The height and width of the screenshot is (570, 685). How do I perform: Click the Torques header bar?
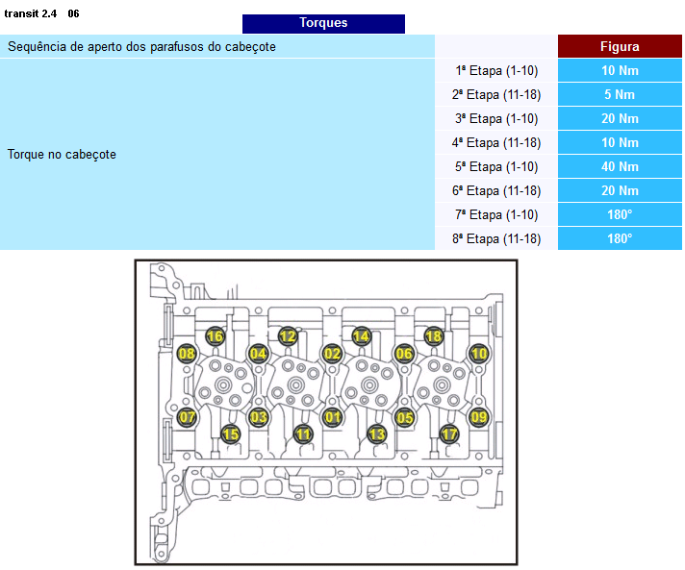[323, 23]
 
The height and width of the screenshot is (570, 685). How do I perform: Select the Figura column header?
[619, 46]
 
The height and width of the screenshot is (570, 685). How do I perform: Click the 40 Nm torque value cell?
[619, 166]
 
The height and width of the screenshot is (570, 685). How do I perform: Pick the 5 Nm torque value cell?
[619, 94]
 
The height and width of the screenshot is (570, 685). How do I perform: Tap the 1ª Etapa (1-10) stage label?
[496, 70]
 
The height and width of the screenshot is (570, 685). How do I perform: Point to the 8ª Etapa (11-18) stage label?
[496, 238]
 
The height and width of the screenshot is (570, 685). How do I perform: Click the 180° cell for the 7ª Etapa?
[619, 214]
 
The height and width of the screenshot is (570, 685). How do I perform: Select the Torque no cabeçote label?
[62, 154]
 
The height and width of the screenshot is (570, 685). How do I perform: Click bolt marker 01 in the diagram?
[333, 417]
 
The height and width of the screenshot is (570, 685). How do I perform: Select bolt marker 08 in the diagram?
[187, 354]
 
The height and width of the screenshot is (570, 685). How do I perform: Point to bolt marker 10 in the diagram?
[479, 354]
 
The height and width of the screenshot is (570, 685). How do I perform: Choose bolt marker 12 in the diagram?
[288, 336]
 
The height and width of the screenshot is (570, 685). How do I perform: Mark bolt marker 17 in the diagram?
[449, 434]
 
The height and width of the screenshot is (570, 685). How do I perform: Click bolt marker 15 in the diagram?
[230, 434]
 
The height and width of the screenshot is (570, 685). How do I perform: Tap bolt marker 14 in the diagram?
[361, 336]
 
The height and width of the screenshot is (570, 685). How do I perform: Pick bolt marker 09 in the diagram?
[478, 417]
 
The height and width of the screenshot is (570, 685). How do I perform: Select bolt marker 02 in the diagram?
[333, 354]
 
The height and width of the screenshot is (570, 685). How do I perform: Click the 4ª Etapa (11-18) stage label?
[496, 142]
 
